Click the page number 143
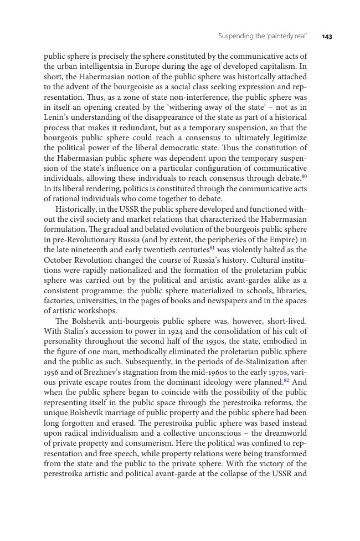[x=327, y=37]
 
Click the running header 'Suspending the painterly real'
[x=263, y=37]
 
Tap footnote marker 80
[x=304, y=177]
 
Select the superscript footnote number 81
[x=212, y=248]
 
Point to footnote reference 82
[x=286, y=381]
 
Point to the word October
[x=58, y=260]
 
